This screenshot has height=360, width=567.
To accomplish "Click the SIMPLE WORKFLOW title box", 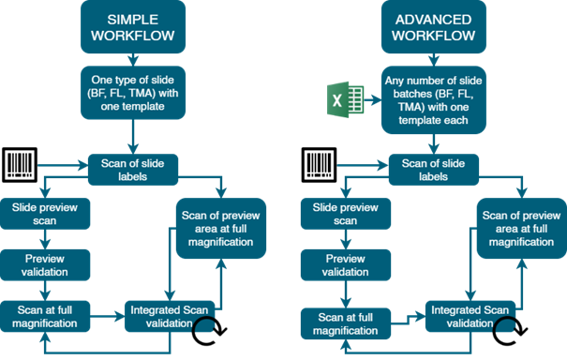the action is coord(133,27).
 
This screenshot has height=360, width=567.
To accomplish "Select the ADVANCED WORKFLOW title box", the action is coord(434,27).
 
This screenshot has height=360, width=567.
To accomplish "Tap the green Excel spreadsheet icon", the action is coord(345,99).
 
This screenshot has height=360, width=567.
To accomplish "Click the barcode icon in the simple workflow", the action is coord(20,165).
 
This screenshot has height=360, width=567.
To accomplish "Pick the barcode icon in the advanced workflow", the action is coord(320,165).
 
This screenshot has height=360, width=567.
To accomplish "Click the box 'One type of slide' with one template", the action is coord(133,93).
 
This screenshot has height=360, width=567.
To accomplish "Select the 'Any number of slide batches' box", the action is coord(434,100).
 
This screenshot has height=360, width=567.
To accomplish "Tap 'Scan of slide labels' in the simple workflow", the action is coord(133,170).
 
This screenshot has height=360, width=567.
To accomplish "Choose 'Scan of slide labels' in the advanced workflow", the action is coord(434,170).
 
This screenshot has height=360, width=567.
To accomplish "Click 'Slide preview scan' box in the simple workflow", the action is coord(45,214).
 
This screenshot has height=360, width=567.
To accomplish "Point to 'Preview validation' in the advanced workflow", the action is coord(346,265).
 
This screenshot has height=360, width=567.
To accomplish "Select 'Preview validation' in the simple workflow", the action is coord(45,265).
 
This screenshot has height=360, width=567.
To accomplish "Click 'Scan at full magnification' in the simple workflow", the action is coord(45,316).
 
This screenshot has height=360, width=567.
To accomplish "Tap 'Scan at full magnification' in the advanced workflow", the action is coord(346,323).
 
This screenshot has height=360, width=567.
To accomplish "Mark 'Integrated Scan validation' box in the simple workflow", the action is coord(170,316).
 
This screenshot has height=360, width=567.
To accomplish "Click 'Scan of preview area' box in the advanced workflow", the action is coord(522,229).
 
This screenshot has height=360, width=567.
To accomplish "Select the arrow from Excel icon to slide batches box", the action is coord(373,100).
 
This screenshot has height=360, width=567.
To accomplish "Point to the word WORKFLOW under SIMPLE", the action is coord(133,36).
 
